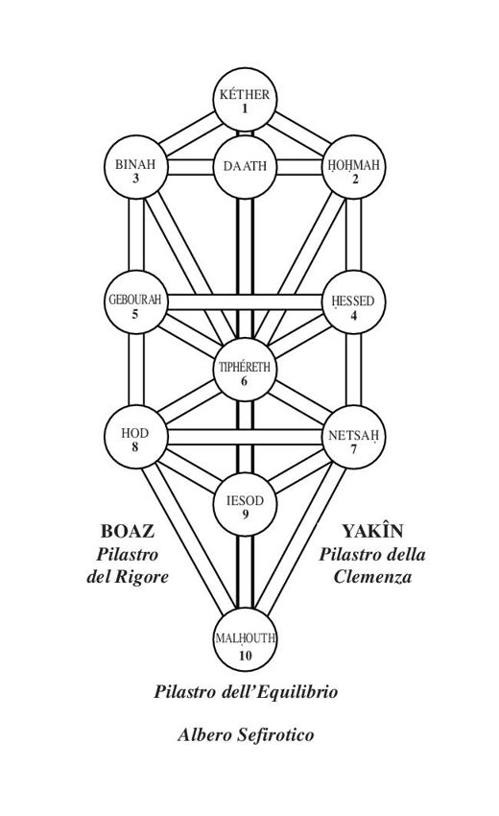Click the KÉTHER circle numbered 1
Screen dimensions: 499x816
pyautogui.click(x=245, y=100)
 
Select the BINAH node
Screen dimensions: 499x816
pyautogui.click(x=136, y=167)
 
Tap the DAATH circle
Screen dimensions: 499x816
pyautogui.click(x=245, y=167)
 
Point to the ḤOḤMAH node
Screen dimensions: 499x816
pyautogui.click(x=354, y=167)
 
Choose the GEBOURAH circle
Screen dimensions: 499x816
pyautogui.click(x=136, y=302)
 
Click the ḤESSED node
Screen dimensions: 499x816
pyautogui.click(x=354, y=302)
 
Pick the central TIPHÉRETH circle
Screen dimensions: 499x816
pyautogui.click(x=245, y=370)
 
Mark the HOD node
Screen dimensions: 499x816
pyautogui.click(x=136, y=437)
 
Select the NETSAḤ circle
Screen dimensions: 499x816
pyautogui.click(x=354, y=437)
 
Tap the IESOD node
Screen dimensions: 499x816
pyautogui.click(x=245, y=504)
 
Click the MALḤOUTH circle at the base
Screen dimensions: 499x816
pyautogui.click(x=245, y=639)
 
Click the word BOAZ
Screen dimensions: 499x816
pyautogui.click(x=128, y=531)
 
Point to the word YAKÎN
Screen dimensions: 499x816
pyautogui.click(x=372, y=530)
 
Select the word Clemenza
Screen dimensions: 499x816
pyautogui.click(x=372, y=577)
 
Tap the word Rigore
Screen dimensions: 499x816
pyautogui.click(x=141, y=578)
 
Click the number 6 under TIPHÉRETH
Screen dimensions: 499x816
pyautogui.click(x=244, y=381)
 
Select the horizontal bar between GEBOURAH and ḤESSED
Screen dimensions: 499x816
pyautogui.click(x=245, y=302)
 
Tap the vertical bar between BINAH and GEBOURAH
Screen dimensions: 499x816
pyautogui.click(x=136, y=234)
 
